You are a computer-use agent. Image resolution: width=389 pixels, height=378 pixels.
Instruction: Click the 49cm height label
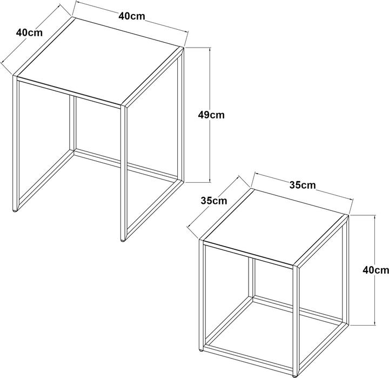(211, 115)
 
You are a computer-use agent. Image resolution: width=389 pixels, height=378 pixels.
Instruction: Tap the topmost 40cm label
(132, 16)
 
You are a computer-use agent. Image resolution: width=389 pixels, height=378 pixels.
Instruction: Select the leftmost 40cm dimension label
(29, 32)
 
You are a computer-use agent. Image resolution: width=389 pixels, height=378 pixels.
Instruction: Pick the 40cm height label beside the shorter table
(375, 270)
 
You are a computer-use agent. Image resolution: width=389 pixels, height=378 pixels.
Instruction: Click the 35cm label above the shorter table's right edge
(303, 185)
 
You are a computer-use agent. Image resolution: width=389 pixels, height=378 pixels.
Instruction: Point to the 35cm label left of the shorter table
(214, 201)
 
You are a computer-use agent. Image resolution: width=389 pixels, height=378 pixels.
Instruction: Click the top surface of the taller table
(99, 62)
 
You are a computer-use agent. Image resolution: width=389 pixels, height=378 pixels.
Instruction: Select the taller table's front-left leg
(16, 143)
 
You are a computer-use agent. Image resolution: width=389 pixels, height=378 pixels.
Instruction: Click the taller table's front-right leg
(124, 173)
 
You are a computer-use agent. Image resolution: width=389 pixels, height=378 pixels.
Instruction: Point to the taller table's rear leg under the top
(72, 123)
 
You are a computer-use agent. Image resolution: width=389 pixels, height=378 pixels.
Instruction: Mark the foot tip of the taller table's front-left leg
(15, 211)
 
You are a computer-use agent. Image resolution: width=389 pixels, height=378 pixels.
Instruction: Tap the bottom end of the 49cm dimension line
(210, 182)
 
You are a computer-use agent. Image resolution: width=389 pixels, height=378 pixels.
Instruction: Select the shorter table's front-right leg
(296, 320)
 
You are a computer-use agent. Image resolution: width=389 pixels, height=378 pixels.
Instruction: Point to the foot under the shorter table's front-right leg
(295, 375)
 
